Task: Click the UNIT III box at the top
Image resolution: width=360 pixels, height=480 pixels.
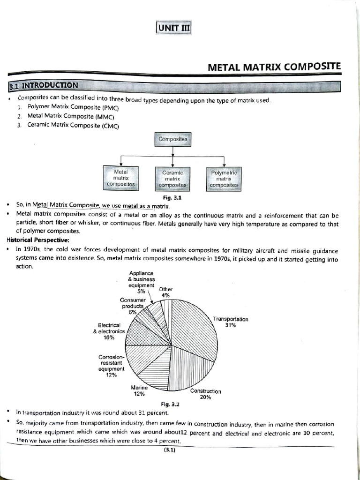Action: (172, 28)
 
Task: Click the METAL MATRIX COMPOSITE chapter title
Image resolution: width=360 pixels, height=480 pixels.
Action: (274, 67)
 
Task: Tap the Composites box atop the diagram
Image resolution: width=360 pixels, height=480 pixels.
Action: (172, 139)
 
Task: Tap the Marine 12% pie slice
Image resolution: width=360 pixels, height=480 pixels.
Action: (155, 373)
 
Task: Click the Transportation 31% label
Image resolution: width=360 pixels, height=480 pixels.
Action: (230, 322)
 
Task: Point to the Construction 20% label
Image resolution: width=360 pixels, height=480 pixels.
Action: (205, 394)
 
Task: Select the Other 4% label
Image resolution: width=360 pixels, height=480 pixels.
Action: (165, 292)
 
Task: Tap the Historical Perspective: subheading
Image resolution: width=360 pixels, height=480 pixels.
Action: (36, 240)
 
